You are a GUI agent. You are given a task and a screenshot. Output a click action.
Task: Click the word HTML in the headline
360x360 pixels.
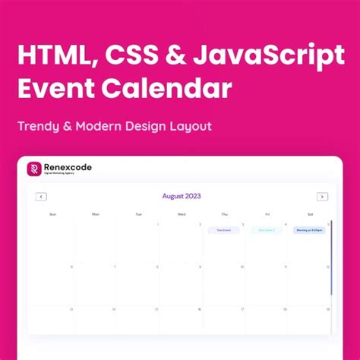[54, 55]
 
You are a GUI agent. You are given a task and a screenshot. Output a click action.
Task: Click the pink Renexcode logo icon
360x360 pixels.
[34, 169]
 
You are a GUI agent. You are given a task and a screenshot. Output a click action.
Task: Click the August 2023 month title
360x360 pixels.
[181, 196]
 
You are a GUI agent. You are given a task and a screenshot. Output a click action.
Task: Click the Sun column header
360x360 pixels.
[52, 214]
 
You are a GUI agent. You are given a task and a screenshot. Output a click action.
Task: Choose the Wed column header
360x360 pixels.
[182, 214]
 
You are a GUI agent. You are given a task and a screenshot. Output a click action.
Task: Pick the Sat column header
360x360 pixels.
[310, 214]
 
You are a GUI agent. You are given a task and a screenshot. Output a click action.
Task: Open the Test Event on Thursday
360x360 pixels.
[223, 230]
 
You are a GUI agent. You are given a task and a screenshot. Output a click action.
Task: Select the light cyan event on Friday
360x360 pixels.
[267, 230]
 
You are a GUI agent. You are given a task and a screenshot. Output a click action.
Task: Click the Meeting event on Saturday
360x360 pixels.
[309, 230]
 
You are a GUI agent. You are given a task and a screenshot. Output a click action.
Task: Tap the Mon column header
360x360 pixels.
[96, 214]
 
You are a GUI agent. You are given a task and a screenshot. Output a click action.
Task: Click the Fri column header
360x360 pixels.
[267, 214]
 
